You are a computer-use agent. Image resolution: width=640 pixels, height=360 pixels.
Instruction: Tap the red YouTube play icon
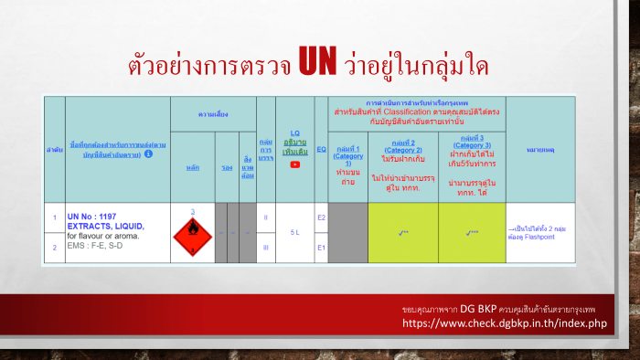tap(294, 165)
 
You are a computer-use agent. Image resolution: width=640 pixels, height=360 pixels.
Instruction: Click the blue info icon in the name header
tap(149, 154)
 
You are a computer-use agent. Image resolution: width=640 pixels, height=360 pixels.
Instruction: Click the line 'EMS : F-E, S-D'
tap(95, 246)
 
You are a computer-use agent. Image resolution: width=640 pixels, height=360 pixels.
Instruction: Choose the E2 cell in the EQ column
tap(321, 217)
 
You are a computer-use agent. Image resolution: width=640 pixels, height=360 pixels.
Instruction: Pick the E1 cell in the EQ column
tap(321, 247)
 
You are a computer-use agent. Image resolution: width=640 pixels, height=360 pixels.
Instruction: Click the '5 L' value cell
tap(294, 232)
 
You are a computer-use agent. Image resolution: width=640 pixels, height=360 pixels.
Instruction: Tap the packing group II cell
tap(265, 217)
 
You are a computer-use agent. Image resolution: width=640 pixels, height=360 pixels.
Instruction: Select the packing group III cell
tap(265, 247)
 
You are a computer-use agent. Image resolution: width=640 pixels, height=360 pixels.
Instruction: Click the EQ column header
tap(321, 148)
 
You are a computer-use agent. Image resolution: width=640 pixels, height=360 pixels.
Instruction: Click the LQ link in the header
tap(294, 132)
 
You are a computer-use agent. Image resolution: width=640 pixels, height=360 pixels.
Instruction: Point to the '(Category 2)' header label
tap(403, 150)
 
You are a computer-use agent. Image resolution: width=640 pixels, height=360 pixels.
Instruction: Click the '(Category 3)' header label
tap(472, 144)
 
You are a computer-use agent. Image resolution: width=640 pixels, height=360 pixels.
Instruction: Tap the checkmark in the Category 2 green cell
tap(403, 233)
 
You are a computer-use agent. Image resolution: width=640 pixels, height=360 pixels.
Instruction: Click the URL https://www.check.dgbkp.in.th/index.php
tap(506, 323)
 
